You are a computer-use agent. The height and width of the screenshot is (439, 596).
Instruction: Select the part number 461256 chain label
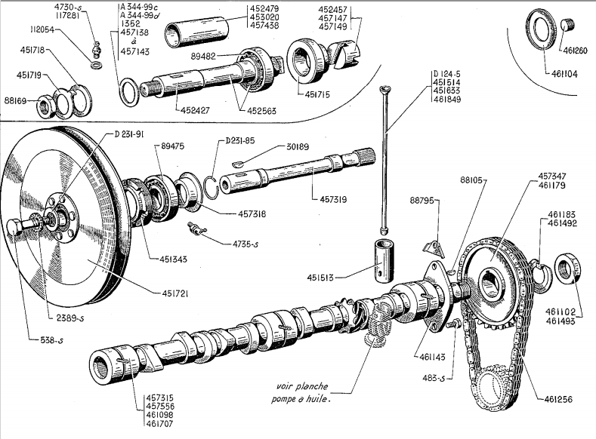557,398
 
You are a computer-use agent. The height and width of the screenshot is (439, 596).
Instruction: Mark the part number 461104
560,74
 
